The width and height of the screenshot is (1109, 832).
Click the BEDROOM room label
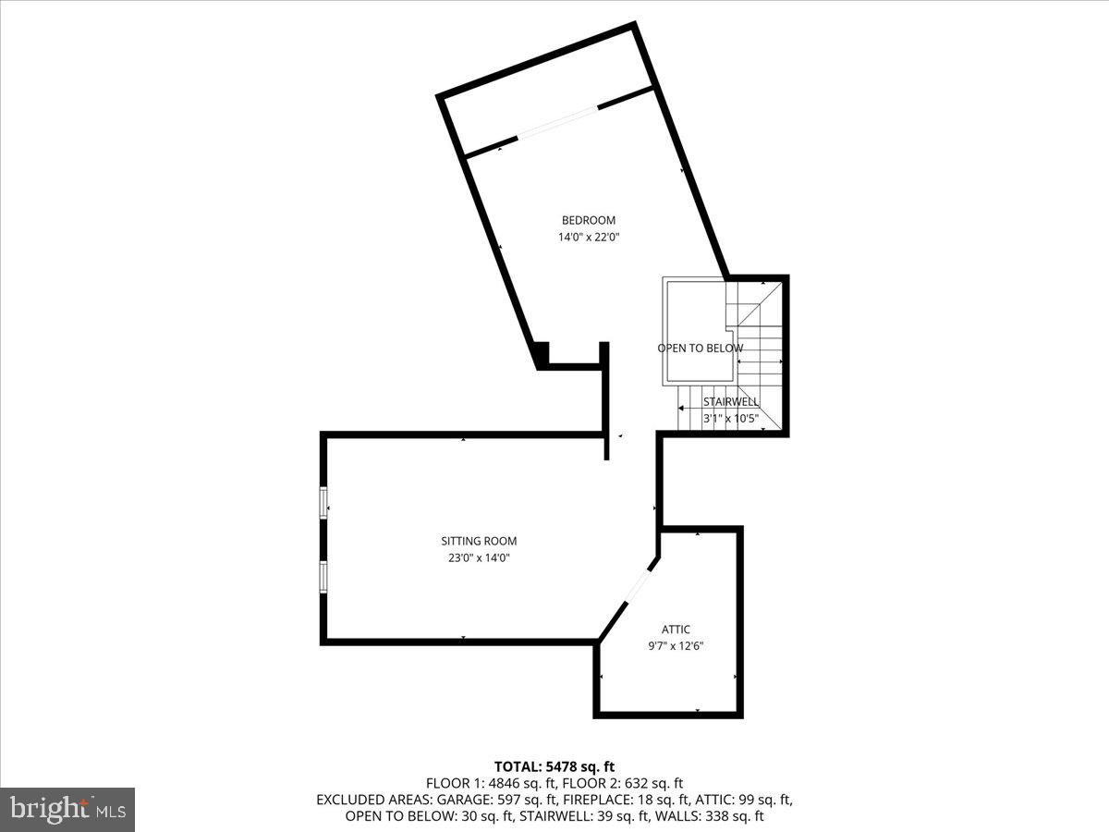pos(588,220)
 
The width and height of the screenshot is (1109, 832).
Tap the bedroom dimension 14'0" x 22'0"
pos(588,237)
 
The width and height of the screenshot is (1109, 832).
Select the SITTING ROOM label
pos(478,541)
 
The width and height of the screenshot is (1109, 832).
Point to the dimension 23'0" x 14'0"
pos(478,557)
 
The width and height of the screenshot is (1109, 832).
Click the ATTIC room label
pos(676,630)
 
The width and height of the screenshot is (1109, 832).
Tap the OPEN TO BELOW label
pos(700,349)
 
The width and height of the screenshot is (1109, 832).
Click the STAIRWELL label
pos(730,402)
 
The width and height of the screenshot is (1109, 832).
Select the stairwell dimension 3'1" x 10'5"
pos(730,418)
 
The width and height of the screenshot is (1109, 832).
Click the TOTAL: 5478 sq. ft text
pos(554,766)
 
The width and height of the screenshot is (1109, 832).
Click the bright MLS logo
pos(67,809)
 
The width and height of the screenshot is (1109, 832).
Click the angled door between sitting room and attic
pos(640,585)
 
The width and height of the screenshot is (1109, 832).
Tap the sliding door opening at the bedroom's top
pos(557,123)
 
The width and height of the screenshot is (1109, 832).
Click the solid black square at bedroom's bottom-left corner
pos(542,353)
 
